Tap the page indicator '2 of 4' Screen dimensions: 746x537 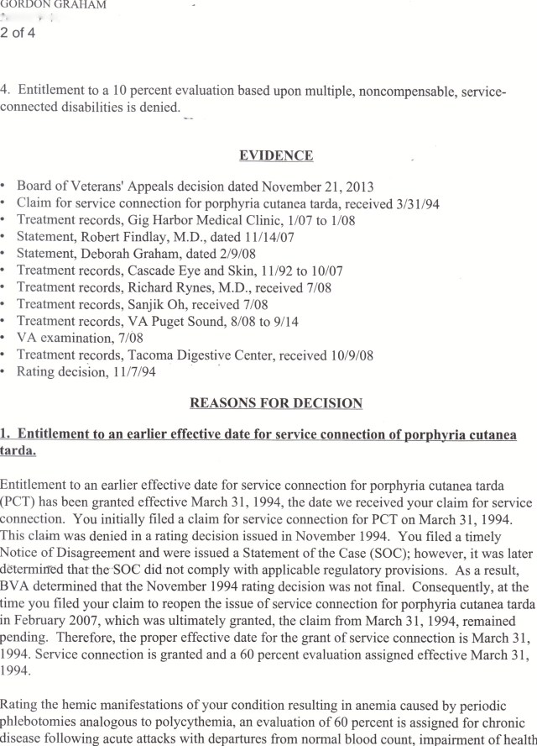point(18,34)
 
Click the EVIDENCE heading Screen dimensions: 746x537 point(276,155)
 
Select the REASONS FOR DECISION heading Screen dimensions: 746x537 point(276,403)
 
